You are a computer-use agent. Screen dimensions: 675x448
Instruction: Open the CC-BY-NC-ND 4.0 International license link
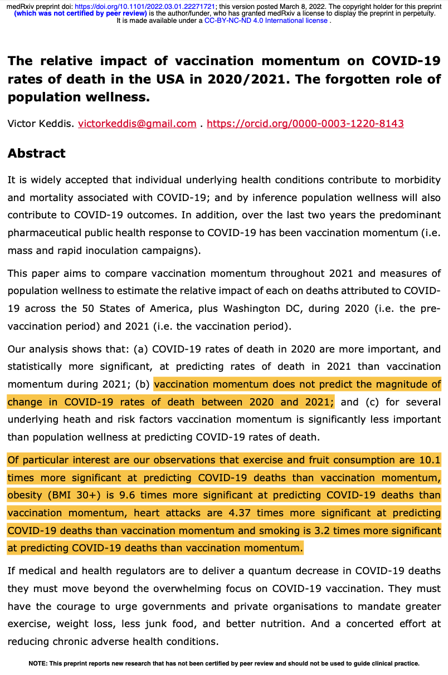click(266, 21)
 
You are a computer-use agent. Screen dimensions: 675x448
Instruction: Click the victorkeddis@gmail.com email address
click(137, 124)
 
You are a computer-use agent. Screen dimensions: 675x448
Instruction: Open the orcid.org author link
click(305, 124)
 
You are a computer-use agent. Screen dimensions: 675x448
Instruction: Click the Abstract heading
click(36, 153)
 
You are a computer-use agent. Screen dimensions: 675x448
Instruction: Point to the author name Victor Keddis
click(40, 124)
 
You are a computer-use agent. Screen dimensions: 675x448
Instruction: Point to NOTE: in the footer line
click(38, 663)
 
